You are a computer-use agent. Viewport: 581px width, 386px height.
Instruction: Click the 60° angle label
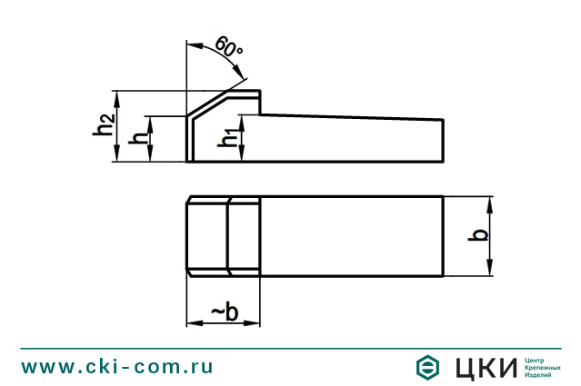pos(229,46)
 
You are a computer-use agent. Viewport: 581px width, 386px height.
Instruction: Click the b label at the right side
pos(481,235)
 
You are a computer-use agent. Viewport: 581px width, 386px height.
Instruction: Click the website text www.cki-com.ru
pos(116,366)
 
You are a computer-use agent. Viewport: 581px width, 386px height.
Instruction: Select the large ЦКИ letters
pos(485,367)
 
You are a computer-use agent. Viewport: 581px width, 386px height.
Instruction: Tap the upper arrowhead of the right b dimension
pos(490,203)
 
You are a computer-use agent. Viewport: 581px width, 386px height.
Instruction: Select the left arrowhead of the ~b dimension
pos(192,322)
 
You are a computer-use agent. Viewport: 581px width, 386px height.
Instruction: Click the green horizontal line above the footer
pos(290,348)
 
